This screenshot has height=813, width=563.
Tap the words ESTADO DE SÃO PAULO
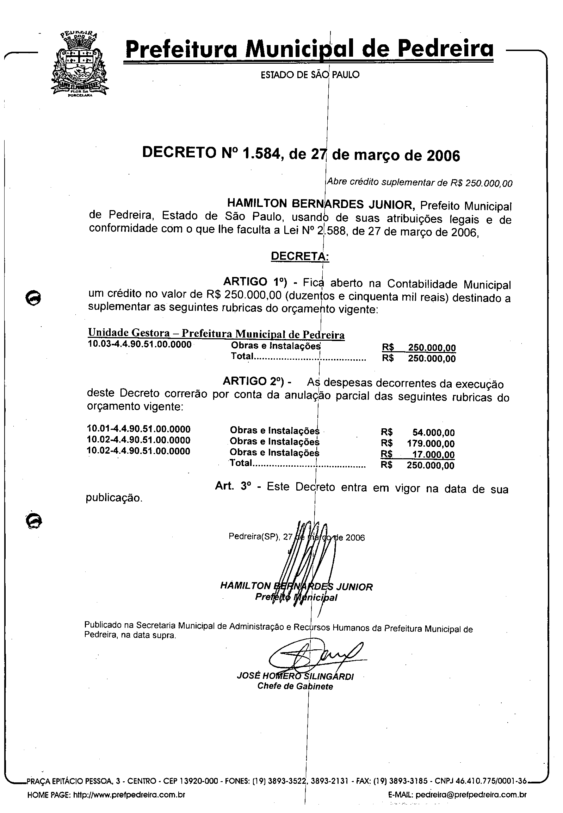310,75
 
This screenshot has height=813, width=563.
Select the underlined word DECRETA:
300,256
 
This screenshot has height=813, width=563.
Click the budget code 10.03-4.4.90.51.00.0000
140,344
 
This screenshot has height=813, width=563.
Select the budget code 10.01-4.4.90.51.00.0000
139,429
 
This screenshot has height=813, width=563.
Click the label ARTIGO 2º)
254,382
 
